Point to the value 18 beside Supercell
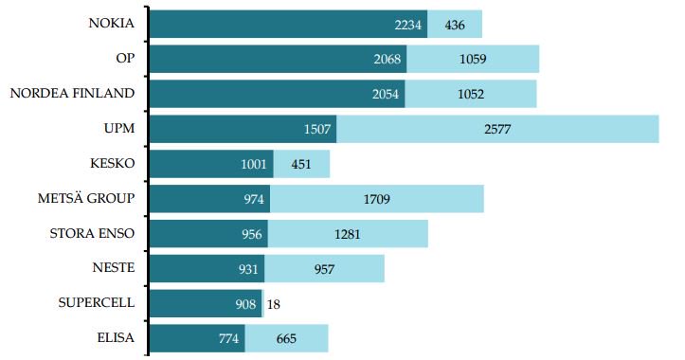(273, 304)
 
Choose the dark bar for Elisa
(197, 339)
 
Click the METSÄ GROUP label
(85, 198)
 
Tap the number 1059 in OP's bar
(474, 60)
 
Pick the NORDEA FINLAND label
(72, 93)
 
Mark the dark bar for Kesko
(211, 164)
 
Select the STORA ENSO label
(92, 233)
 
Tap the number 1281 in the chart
(346, 234)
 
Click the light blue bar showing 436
(455, 25)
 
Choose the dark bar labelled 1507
(243, 129)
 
